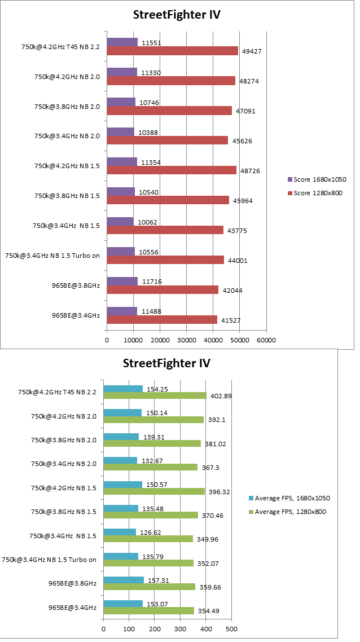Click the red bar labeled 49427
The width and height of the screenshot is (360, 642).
172,51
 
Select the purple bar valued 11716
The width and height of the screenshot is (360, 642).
122,281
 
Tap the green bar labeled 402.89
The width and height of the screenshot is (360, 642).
155,396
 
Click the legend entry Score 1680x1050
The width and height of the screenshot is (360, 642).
317,179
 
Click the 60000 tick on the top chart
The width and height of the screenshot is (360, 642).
266,340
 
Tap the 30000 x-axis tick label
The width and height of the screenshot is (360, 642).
186,340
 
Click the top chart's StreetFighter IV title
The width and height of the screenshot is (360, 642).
176,15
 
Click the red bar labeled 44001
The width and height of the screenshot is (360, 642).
165,260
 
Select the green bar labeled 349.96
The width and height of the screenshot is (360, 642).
148,539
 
